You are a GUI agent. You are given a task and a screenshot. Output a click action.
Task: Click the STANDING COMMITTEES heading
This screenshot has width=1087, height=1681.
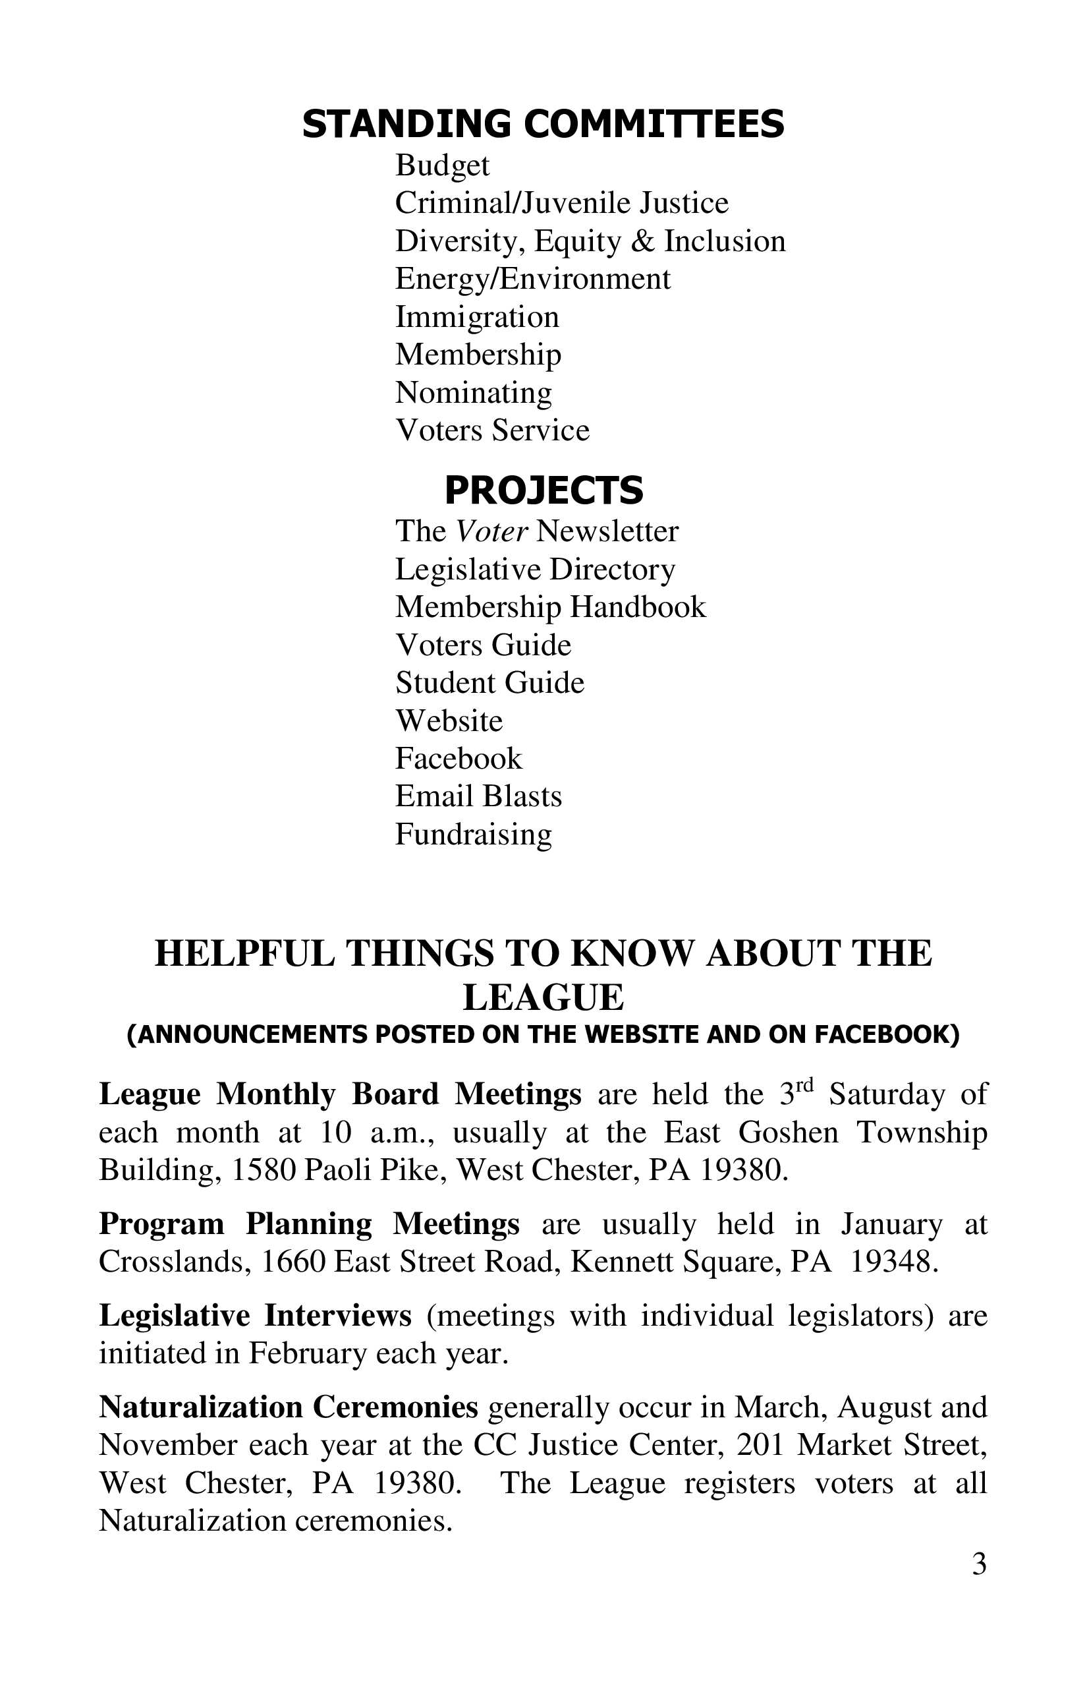pyautogui.click(x=543, y=125)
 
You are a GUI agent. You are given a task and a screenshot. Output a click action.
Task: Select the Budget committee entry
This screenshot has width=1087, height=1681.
pyautogui.click(x=442, y=166)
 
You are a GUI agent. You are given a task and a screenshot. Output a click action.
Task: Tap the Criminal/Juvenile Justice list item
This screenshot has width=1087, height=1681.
pyautogui.click(x=561, y=204)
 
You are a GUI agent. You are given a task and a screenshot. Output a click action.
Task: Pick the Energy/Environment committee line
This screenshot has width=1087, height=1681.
pyautogui.click(x=532, y=279)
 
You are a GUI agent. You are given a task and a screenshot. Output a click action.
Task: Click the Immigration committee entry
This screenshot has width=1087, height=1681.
pyautogui.click(x=476, y=317)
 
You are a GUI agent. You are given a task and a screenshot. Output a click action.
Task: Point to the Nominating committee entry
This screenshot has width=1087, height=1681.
pyautogui.click(x=473, y=393)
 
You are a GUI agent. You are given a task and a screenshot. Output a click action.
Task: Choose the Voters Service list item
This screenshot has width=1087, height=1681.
pyautogui.click(x=492, y=430)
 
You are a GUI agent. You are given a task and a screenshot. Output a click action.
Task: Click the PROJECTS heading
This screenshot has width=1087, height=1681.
pyautogui.click(x=543, y=490)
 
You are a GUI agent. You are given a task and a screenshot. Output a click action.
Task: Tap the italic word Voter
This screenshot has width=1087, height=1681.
pyautogui.click(x=491, y=532)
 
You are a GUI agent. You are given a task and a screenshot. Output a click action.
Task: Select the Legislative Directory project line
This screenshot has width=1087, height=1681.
pyautogui.click(x=535, y=570)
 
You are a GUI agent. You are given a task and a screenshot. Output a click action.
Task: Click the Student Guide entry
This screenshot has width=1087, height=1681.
pyautogui.click(x=489, y=683)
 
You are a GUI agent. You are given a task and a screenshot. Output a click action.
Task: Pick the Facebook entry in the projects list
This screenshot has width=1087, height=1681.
pyautogui.click(x=458, y=759)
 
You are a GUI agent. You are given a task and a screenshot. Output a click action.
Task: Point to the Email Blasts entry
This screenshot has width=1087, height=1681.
pyautogui.click(x=478, y=797)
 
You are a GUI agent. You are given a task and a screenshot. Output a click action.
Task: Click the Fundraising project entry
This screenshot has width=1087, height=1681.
pyautogui.click(x=473, y=835)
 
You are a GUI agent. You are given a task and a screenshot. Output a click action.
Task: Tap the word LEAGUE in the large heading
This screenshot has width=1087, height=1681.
pyautogui.click(x=543, y=997)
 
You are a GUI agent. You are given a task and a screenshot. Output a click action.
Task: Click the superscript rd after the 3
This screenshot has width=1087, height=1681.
pyautogui.click(x=804, y=1086)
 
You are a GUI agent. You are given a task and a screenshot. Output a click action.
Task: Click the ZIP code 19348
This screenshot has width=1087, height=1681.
pyautogui.click(x=893, y=1262)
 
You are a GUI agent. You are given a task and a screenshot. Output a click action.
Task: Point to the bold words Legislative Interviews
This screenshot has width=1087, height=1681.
pyautogui.click(x=255, y=1316)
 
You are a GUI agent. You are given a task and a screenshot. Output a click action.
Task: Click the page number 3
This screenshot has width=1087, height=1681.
pyautogui.click(x=978, y=1564)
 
